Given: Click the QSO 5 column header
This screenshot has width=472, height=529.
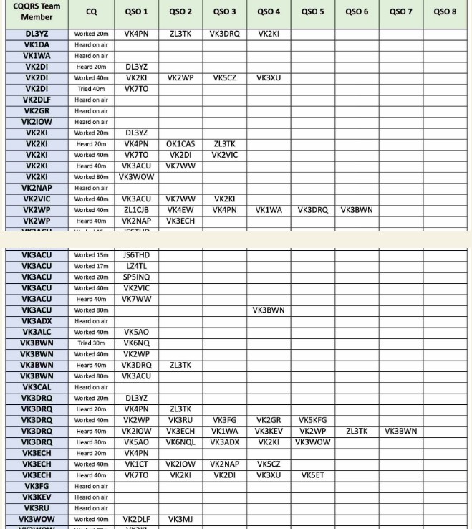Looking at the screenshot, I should [312, 11].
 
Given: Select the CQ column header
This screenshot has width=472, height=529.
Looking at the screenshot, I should [91, 11].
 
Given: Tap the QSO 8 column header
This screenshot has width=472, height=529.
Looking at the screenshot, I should [445, 11].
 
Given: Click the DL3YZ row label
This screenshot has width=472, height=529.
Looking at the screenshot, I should [37, 34].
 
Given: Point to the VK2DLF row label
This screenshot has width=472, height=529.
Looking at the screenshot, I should [37, 100].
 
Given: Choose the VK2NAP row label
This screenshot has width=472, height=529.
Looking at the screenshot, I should [37, 188].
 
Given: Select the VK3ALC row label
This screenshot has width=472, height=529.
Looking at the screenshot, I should [37, 333].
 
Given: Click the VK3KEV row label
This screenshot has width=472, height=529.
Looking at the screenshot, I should [37, 497].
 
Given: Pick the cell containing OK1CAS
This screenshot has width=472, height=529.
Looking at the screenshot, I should [180, 144].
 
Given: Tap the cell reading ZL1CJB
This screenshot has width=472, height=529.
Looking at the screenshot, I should [136, 210].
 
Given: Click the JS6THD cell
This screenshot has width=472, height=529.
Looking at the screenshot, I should [136, 255].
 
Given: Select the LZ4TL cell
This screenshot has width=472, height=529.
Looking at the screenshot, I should [136, 267].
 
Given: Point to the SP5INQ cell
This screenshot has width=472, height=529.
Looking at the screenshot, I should [136, 277].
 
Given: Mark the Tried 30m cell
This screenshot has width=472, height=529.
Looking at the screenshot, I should [91, 343].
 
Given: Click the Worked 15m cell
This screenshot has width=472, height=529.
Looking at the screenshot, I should [91, 255].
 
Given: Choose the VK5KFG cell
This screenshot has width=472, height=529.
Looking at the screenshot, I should [312, 421].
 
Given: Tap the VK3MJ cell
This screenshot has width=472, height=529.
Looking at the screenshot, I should [180, 520].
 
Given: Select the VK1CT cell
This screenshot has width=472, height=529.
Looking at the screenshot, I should [136, 464].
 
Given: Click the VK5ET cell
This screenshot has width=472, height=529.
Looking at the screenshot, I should [312, 475].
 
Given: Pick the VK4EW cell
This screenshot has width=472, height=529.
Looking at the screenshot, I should [180, 210].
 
